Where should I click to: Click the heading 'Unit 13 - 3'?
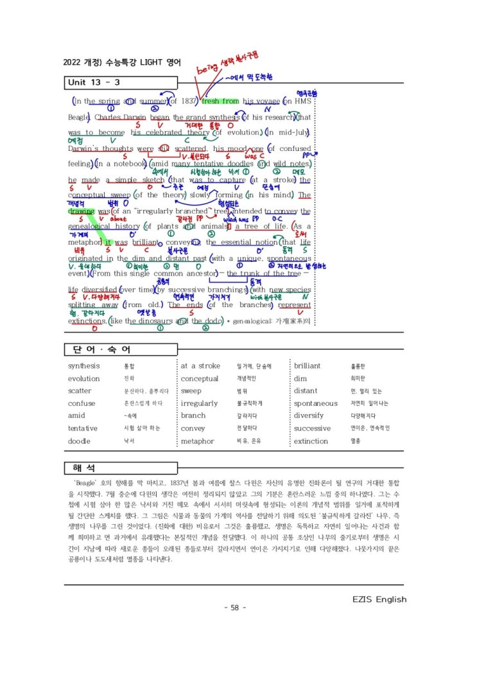pos(94,82)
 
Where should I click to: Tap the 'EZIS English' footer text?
pos(379,599)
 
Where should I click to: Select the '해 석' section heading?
pos(86,466)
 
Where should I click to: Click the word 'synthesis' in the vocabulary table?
pos(84,366)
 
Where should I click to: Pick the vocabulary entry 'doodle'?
pos(79,441)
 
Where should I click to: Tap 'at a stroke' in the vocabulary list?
pos(200,366)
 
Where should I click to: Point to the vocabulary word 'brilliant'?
pos(308,366)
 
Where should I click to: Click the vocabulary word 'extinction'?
pos(311,441)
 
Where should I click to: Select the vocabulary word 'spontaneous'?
pos(315,403)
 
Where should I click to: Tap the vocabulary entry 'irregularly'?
pos(199,403)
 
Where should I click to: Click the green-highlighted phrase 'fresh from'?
pos(220,101)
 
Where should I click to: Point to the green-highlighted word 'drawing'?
pos(81,211)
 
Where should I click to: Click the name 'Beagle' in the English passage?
pos(78,118)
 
